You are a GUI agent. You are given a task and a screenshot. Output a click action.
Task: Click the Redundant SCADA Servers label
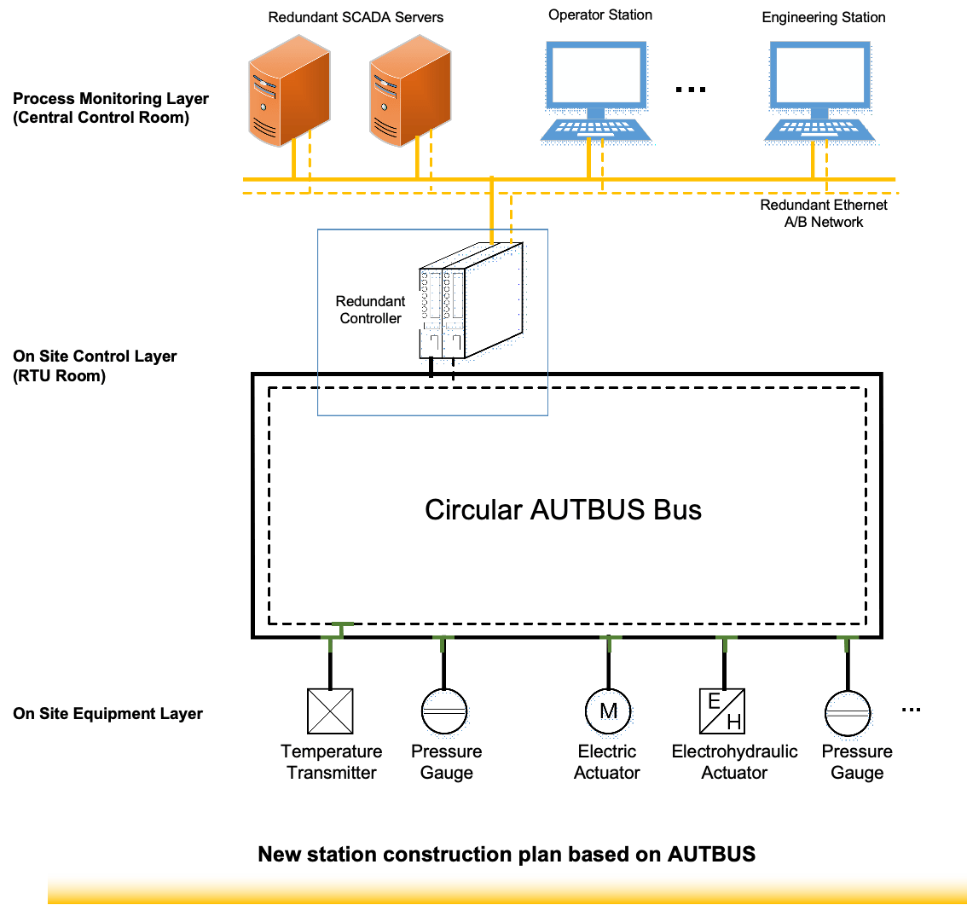coord(356,17)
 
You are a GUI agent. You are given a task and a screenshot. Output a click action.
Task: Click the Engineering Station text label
coord(824,17)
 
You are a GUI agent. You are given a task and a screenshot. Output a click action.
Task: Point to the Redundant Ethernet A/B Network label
coord(824,213)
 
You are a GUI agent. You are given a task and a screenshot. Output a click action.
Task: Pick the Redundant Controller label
coord(370,310)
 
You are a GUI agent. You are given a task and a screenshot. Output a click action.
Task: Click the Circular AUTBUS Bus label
coord(563,509)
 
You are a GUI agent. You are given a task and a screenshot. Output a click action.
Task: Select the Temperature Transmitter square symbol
coord(331,711)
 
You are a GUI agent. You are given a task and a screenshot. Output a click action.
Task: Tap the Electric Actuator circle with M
coord(607,710)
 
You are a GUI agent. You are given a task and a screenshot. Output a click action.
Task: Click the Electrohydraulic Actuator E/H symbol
coord(722,711)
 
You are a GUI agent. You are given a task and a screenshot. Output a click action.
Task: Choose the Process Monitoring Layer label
coord(111,108)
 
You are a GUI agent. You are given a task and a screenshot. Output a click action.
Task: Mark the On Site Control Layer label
coord(95,365)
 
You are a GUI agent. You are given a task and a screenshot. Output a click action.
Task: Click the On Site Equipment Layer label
coord(107,714)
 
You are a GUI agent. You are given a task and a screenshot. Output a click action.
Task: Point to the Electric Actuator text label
coord(607,762)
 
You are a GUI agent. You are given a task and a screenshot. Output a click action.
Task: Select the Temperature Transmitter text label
coord(332,762)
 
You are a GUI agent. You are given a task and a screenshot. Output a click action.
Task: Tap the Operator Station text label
coord(600,15)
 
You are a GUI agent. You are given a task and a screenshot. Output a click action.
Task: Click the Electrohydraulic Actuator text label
coord(734,762)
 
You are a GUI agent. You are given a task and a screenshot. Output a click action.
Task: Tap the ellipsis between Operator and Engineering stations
coord(690,89)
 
